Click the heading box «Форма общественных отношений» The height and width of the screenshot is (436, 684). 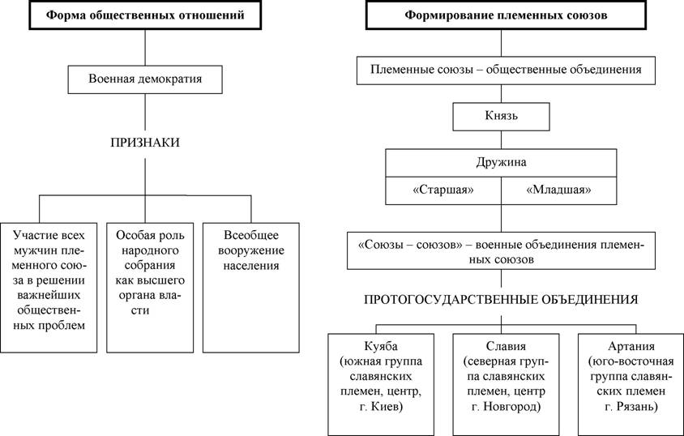click(145, 15)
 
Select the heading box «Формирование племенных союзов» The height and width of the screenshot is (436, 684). click(506, 15)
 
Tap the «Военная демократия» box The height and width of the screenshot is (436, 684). click(145, 79)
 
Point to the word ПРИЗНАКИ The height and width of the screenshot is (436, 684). click(145, 143)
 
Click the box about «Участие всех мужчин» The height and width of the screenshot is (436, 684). click(49, 288)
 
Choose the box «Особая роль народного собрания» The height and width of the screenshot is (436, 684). click(150, 288)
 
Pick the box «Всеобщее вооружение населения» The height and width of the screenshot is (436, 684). click(251, 288)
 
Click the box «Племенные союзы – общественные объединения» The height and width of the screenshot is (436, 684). click(506, 71)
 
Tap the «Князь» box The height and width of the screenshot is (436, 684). click(501, 117)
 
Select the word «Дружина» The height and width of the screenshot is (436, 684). click(501, 163)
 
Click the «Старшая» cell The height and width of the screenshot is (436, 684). click(443, 190)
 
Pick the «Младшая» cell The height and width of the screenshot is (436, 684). click(559, 190)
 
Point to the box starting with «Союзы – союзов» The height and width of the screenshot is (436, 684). click(501, 250)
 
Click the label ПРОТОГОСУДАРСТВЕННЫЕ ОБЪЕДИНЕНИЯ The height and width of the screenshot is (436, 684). click(501, 300)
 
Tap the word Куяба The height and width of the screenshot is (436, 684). click(381, 347)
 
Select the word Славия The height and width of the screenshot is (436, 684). click(506, 347)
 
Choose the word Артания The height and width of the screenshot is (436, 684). click(631, 347)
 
